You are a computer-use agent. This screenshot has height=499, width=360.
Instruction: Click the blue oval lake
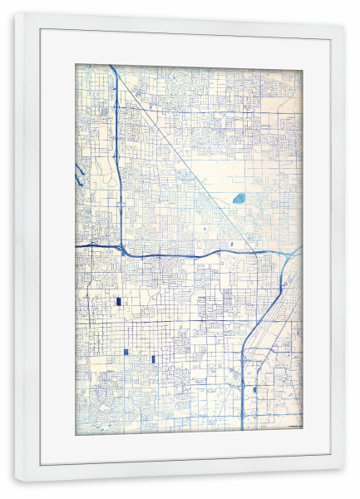click(x=239, y=199)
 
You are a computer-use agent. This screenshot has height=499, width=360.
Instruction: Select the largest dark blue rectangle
click(x=118, y=302)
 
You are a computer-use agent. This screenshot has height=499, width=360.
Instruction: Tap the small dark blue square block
click(x=126, y=352)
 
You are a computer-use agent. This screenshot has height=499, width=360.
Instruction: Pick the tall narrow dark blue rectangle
click(x=154, y=358)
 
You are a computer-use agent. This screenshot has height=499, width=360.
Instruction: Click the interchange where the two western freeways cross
click(x=122, y=248)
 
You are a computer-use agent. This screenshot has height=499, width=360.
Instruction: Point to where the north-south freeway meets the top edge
click(x=111, y=67)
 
